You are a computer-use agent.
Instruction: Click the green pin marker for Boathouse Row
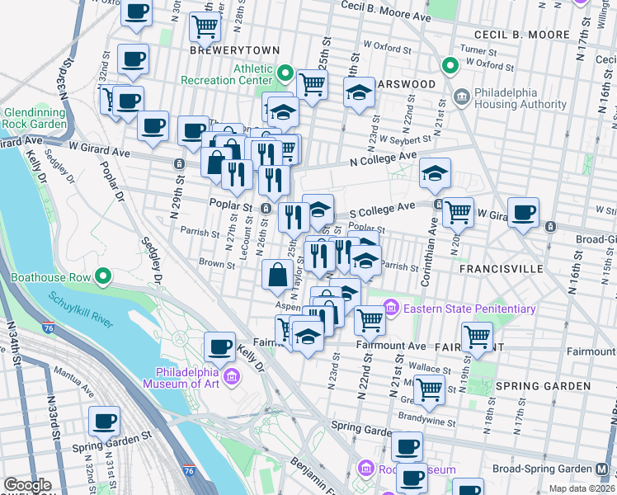103,276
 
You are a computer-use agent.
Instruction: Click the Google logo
27,485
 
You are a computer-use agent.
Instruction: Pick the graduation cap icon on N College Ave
435,172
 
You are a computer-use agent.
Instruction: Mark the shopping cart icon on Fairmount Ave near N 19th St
478,337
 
